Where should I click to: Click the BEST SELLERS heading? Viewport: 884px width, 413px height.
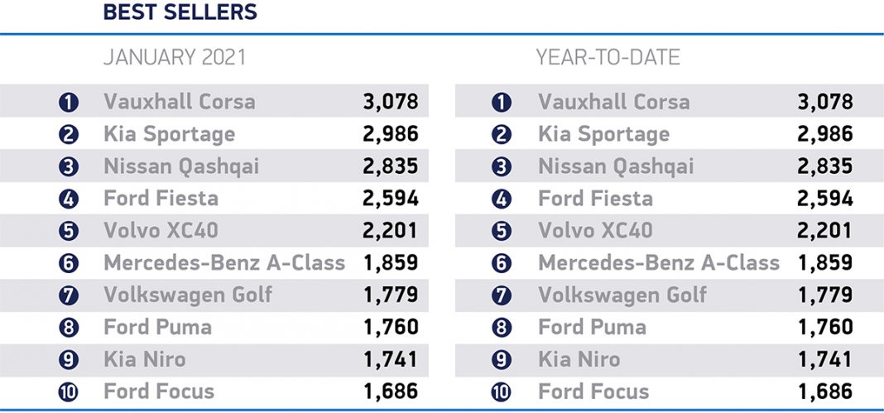coord(180,13)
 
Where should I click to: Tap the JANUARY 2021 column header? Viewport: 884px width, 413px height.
coord(174,58)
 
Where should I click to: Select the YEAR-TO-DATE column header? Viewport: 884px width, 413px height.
coord(608,58)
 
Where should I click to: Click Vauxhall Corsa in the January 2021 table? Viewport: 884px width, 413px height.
coord(180,102)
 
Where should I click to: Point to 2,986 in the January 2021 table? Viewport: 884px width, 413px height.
coord(391,134)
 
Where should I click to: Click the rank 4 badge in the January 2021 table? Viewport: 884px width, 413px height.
coord(69,199)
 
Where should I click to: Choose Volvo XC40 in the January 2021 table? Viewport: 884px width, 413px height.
coord(161,231)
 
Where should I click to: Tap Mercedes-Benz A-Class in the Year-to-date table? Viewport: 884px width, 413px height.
coord(659,263)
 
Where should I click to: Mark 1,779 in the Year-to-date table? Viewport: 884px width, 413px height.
coord(824,295)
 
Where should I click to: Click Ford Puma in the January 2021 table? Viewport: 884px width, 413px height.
coord(157,327)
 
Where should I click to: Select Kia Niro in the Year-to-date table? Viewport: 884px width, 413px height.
coord(579,359)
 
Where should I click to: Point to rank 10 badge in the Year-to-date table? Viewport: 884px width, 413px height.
coord(502,391)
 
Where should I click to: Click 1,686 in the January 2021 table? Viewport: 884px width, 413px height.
coord(391,391)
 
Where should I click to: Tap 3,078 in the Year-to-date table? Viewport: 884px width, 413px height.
coord(824,102)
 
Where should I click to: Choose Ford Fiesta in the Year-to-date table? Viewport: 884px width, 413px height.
coord(595,199)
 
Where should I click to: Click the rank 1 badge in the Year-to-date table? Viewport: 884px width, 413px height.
coord(502,102)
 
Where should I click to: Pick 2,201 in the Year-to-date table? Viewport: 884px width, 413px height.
coord(824,231)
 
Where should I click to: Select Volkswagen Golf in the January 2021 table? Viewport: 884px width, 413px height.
coord(188,295)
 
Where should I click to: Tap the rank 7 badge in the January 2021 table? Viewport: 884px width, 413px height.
coord(69,295)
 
